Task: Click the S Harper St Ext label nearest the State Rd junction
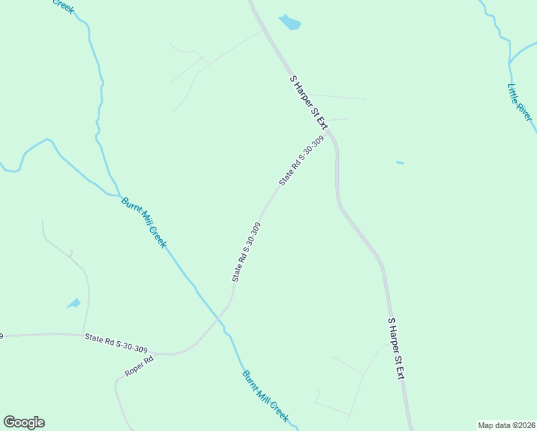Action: click(x=309, y=102)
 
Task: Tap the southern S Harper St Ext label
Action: click(x=396, y=348)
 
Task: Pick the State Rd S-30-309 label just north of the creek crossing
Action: click(x=246, y=251)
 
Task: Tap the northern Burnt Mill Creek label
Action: click(x=144, y=222)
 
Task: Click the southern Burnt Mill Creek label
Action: click(x=265, y=396)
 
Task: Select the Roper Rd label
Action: click(x=139, y=366)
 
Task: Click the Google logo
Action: click(x=24, y=422)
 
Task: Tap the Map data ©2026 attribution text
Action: click(x=506, y=425)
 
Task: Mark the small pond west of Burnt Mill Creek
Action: click(x=74, y=303)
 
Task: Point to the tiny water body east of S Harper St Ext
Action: click(x=400, y=163)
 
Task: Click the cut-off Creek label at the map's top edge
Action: click(x=63, y=6)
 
